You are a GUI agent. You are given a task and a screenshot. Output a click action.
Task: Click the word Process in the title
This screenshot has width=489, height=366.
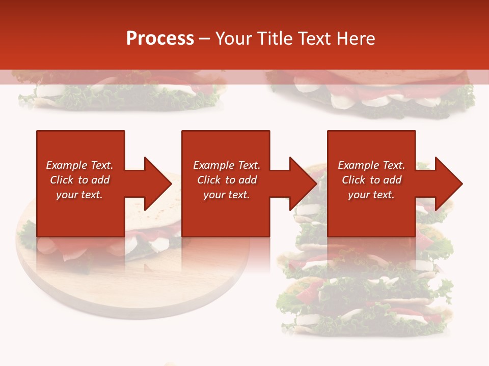(160, 39)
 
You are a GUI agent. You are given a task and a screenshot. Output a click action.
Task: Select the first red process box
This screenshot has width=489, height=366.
(80, 213)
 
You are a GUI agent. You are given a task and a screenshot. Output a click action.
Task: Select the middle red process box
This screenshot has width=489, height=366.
(226, 213)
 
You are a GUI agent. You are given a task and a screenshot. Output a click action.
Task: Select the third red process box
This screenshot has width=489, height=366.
(371, 213)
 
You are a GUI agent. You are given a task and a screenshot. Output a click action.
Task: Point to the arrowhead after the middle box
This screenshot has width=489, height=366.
(303, 184)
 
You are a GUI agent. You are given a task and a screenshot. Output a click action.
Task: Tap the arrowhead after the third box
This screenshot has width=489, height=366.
(448, 184)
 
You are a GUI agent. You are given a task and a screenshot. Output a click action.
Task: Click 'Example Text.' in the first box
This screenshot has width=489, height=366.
(79, 165)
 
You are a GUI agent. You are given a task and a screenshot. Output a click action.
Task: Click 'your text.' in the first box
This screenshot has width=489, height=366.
(79, 195)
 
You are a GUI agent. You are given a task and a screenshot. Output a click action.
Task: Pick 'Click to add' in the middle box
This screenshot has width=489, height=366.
(227, 180)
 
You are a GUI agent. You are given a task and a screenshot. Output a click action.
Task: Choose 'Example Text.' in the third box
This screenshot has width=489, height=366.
(371, 165)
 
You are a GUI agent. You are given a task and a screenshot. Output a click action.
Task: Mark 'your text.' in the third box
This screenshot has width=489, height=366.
(371, 195)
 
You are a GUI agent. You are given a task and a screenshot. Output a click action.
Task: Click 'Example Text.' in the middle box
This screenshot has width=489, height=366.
(227, 165)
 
